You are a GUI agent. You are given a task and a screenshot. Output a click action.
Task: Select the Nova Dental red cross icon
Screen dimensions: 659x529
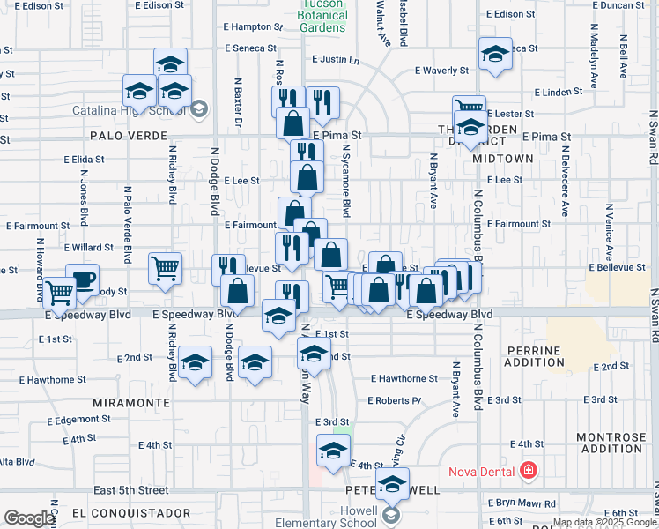(528, 470)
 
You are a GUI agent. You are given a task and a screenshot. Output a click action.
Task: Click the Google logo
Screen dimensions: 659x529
(29, 518)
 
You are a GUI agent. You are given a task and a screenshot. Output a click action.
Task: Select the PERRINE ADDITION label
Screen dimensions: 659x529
(533, 356)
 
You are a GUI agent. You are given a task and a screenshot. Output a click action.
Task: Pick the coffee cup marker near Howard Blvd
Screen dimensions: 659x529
(82, 280)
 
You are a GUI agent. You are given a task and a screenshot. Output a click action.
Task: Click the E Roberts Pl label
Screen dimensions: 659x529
(396, 400)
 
